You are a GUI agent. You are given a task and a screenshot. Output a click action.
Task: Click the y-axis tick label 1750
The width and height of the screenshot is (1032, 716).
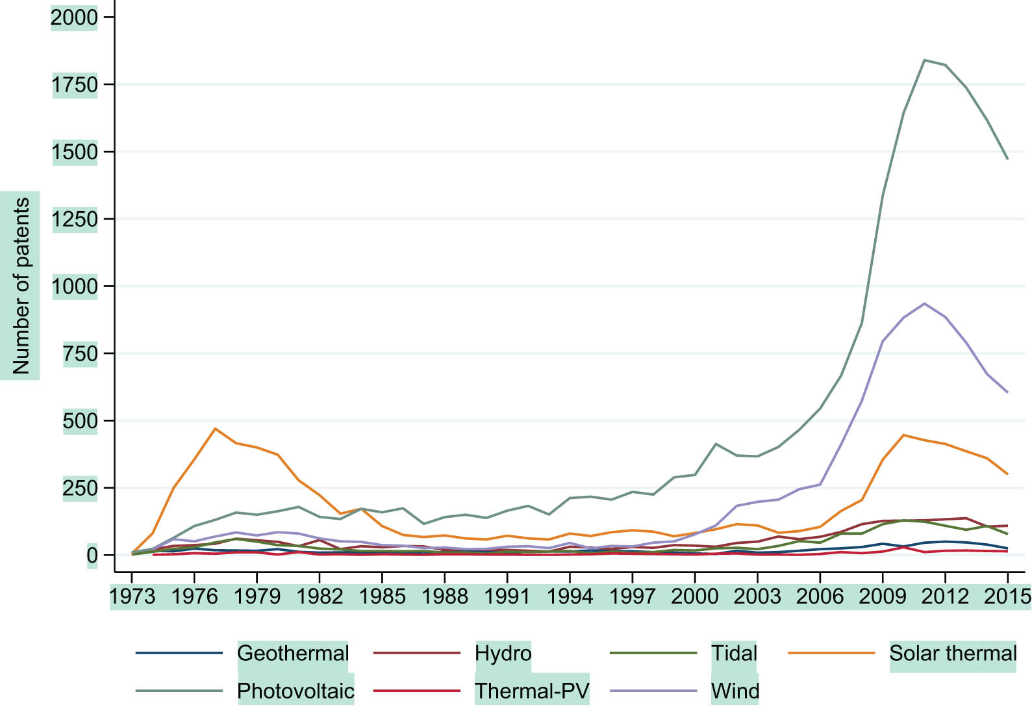click(x=74, y=84)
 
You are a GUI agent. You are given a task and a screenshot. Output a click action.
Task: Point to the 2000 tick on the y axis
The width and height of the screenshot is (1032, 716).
click(x=74, y=17)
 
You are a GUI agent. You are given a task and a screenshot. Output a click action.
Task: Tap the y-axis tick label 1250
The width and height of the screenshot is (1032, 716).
click(x=74, y=219)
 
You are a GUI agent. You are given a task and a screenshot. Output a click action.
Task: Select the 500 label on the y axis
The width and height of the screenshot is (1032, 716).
click(x=80, y=421)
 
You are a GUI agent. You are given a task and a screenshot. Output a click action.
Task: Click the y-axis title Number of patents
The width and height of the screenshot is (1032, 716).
click(x=21, y=285)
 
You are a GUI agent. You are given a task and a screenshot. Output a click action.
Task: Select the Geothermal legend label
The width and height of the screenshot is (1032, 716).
click(x=293, y=653)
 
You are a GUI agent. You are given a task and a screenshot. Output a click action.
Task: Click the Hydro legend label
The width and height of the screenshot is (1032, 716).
click(x=503, y=653)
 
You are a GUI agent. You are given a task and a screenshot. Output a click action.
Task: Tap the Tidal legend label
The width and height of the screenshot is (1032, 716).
click(x=735, y=653)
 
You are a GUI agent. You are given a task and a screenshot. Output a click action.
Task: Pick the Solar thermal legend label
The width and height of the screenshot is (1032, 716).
click(x=953, y=653)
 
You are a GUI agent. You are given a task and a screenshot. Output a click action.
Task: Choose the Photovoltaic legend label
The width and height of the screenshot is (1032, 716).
click(x=296, y=691)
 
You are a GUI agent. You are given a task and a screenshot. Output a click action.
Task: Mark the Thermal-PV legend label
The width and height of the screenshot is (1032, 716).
click(x=532, y=691)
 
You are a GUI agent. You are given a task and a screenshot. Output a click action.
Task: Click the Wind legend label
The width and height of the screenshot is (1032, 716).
click(x=735, y=691)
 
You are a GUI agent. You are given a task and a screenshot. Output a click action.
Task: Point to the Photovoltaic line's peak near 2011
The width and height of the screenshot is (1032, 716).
click(x=924, y=60)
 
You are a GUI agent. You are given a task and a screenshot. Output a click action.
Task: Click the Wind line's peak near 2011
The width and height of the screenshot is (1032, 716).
click(x=924, y=303)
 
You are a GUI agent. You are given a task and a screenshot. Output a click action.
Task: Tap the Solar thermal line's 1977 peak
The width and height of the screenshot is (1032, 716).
click(x=215, y=429)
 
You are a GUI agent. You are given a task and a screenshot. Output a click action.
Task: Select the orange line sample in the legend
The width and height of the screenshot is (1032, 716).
click(x=831, y=652)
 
